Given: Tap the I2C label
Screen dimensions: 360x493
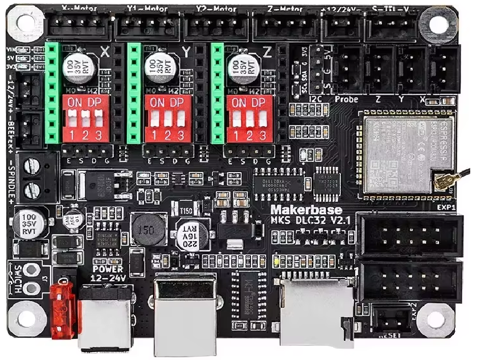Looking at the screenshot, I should click(x=316, y=99).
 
